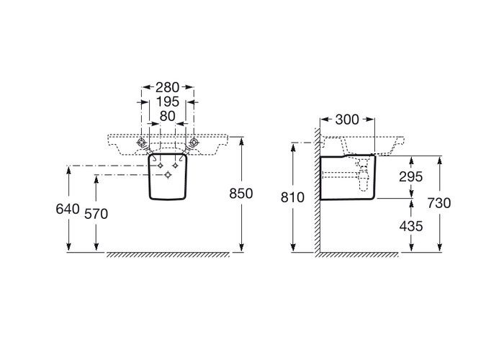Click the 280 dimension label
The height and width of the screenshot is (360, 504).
167,87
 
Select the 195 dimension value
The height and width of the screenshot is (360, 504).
167,102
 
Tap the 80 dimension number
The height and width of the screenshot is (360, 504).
168,117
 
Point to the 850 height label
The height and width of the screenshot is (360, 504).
241,194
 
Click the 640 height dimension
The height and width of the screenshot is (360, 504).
68,209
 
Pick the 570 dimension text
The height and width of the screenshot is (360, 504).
96,214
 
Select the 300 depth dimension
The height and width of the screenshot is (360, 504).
347,120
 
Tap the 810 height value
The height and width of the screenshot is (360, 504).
292,197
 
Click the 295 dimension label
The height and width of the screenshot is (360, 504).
411,177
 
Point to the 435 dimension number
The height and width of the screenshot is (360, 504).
411,227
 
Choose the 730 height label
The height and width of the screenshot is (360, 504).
439,203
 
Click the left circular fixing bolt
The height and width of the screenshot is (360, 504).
141,142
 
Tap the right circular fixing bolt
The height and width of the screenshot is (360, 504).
194,142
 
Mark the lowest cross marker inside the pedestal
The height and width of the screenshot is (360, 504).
168,175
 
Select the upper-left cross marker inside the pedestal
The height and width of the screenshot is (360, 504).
160,166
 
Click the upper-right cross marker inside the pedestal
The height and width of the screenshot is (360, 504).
175,166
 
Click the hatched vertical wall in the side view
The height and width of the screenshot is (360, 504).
317,189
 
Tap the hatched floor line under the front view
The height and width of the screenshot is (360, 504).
168,255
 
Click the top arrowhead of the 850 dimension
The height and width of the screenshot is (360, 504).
241,140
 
